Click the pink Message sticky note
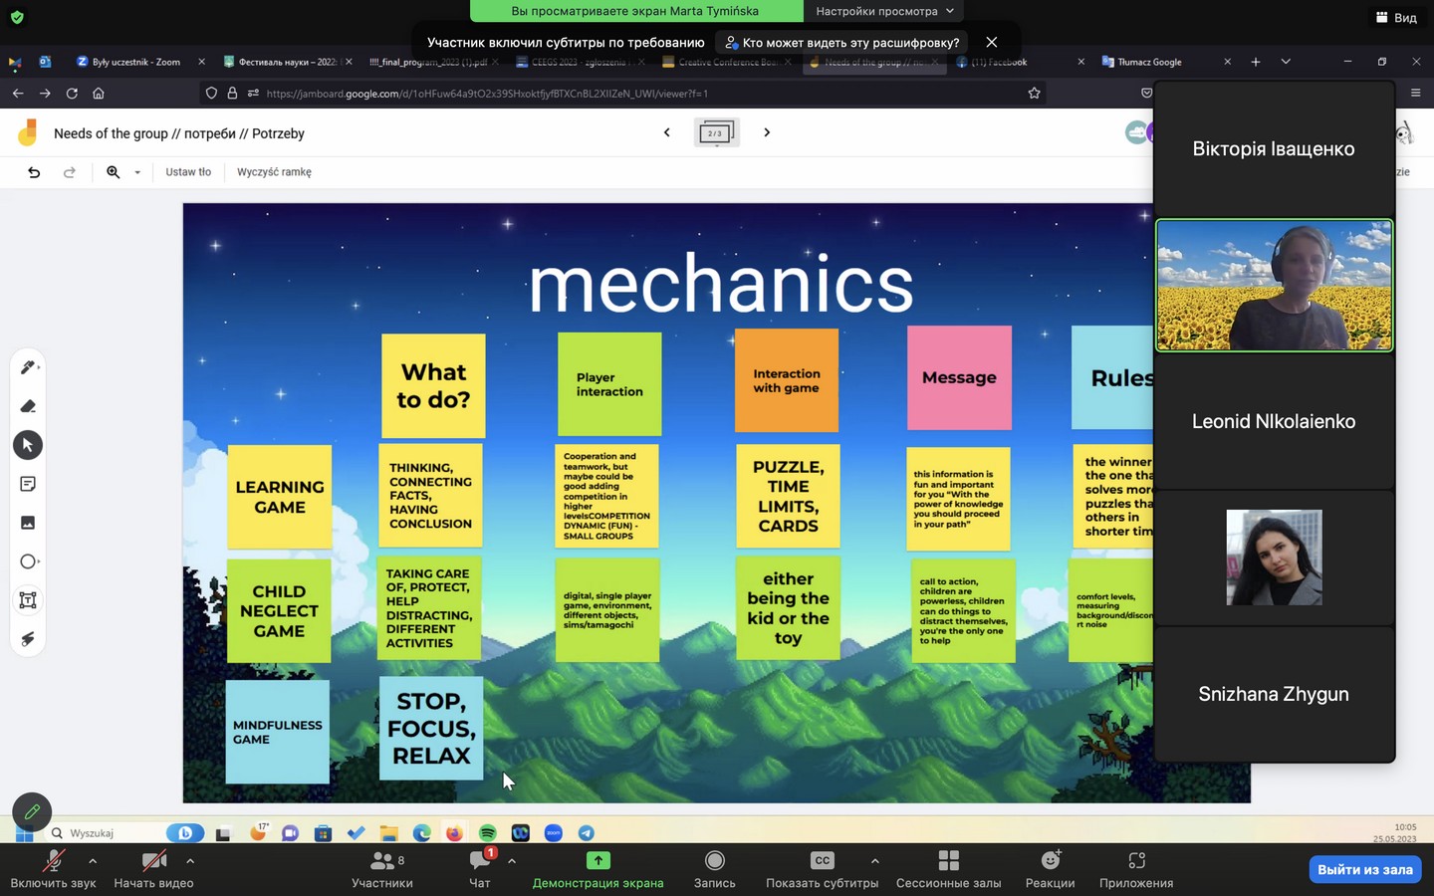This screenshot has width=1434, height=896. pos(959,378)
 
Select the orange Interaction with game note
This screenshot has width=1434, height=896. pos(786,381)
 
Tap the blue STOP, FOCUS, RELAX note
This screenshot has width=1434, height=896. pos(431,728)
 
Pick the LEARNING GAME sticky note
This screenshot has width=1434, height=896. pos(280,497)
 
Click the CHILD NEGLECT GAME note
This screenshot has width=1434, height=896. pos(279,611)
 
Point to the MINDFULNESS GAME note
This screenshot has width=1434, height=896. pos(277,732)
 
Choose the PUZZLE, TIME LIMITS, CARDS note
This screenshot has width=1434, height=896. pos(788,496)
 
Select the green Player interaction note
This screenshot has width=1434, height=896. pos(608,384)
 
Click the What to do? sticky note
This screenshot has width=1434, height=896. pos(433,385)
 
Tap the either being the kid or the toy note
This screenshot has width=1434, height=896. pos(788,607)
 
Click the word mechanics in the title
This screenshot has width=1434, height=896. pos(720,285)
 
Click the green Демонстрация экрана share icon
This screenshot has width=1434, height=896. pos(597,860)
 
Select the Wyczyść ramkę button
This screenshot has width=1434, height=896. pos(274,172)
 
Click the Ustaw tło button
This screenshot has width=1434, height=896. pos(188,172)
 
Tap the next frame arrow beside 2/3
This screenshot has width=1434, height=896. pos(767,132)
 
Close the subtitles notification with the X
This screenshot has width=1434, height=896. pos(991,42)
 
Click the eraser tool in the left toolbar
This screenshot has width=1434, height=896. pos(28,406)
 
